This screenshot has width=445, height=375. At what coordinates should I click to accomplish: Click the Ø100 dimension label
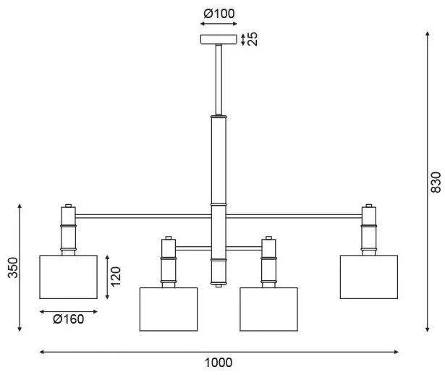(219, 12)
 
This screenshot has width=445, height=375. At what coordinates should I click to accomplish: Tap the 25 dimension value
(253, 39)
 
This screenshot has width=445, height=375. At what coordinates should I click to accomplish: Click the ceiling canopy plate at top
(219, 39)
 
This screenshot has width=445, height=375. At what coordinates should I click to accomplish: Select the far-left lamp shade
(67, 276)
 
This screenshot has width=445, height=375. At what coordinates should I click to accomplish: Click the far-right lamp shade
(368, 276)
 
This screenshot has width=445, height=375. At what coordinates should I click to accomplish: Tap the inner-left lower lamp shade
(169, 310)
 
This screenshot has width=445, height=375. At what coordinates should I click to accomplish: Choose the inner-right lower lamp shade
(269, 310)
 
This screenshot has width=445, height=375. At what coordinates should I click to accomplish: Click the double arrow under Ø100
(219, 25)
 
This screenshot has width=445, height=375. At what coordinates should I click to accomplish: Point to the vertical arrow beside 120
(106, 277)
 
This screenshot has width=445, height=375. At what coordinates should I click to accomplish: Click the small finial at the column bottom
(219, 287)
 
